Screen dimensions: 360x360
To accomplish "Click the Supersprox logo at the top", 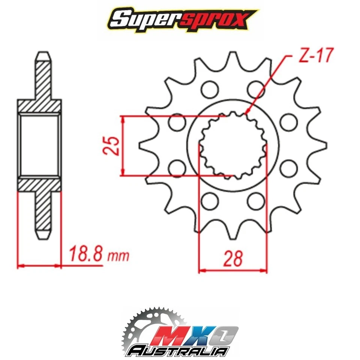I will [180, 19].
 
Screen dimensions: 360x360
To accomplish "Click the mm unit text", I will [118, 256].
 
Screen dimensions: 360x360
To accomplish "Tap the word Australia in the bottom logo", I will [178, 351].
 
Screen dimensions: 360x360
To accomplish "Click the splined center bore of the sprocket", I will [232, 146].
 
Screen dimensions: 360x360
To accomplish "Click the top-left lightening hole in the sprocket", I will [209, 89].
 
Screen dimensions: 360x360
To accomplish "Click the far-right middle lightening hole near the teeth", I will [288, 122].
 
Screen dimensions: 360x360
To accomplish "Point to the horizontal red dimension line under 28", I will [233, 270].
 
